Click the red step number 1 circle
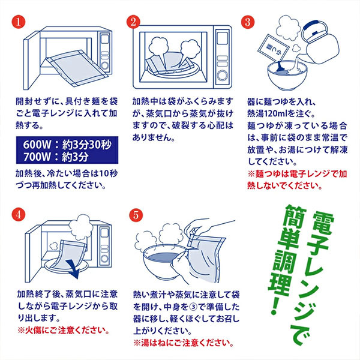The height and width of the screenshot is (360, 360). pos(19,22)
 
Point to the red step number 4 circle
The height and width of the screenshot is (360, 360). pos(19,214)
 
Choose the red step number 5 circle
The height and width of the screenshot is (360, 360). pos(136,214)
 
